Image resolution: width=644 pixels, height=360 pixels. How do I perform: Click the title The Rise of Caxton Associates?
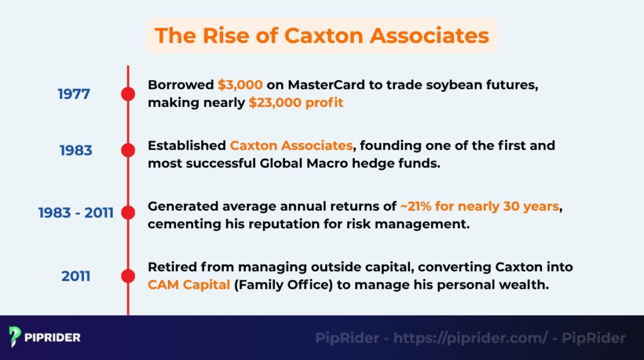tap(321, 35)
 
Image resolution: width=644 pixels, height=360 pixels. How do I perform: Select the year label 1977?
tap(74, 94)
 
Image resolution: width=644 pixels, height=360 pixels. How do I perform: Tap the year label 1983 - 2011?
tap(75, 213)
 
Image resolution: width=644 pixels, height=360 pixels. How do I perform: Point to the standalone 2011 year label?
tap(75, 276)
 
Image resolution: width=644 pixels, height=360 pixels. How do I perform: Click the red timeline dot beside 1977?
tap(128, 94)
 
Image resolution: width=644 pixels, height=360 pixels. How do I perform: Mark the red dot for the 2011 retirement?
tap(128, 276)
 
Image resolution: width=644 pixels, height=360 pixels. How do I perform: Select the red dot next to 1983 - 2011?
tap(128, 213)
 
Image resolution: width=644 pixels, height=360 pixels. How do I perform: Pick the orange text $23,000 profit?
tap(296, 103)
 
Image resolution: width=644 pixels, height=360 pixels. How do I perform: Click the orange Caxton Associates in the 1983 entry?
tap(291, 145)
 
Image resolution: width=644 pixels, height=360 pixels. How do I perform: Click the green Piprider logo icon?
tap(16, 337)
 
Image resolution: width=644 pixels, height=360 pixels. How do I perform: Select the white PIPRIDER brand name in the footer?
tap(53, 338)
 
